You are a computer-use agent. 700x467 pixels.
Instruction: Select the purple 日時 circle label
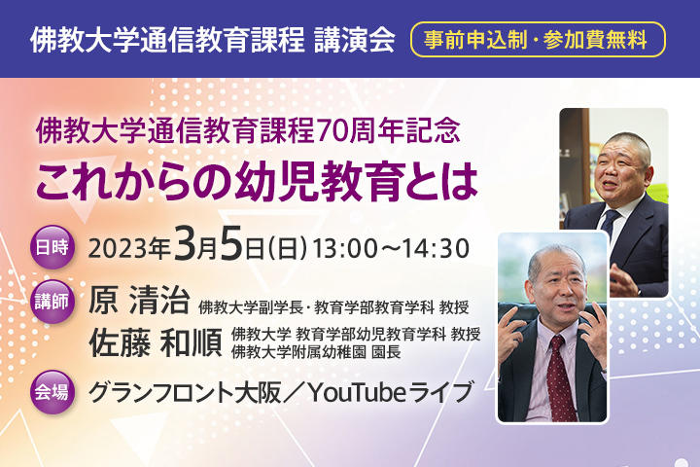pyautogui.click(x=52, y=245)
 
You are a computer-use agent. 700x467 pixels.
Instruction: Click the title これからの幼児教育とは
pyautogui.click(x=257, y=179)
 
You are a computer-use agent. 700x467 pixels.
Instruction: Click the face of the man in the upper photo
pyautogui.click(x=619, y=167)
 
